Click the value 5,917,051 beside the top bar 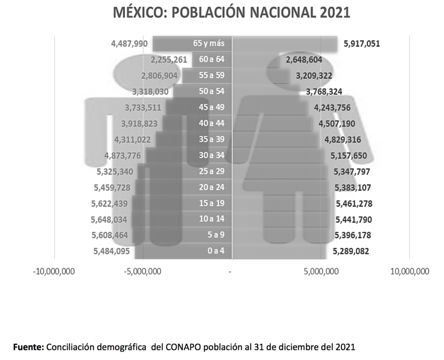[x=362, y=43]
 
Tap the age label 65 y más [x=209, y=43]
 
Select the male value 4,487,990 [x=130, y=43]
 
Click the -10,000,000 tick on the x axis [x=54, y=272]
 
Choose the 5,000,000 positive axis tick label [x=321, y=272]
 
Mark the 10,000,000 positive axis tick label [x=409, y=272]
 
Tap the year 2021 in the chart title [x=335, y=13]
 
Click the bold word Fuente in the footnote [x=29, y=347]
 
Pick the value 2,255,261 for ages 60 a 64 [x=169, y=59]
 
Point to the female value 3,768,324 [x=324, y=91]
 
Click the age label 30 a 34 [x=212, y=155]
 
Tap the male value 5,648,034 [x=109, y=220]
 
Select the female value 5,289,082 [x=351, y=251]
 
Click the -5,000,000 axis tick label [x=143, y=272]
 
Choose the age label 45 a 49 [x=212, y=107]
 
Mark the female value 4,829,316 [x=343, y=139]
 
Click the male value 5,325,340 [x=115, y=172]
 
